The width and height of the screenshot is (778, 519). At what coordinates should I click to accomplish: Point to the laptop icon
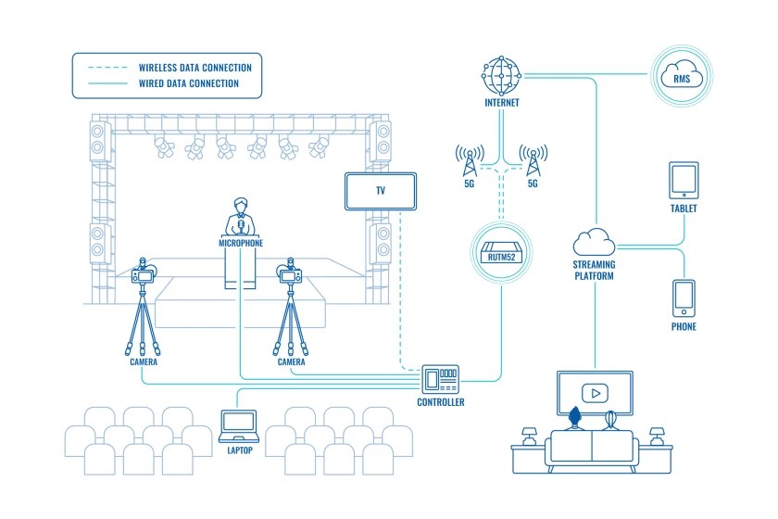point(239,425)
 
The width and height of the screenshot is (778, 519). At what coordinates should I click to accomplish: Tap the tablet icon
point(683,180)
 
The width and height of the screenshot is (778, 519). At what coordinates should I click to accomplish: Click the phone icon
point(683,297)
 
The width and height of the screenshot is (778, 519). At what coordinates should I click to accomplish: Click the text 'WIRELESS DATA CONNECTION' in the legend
point(194,68)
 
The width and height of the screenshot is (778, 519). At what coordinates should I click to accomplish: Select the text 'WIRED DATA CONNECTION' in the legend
point(189,83)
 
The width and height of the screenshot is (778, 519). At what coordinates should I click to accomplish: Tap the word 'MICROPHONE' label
point(241,243)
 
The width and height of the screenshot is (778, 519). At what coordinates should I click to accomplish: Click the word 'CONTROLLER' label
point(441,403)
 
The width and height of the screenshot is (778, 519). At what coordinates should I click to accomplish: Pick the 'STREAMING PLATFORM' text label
point(595,271)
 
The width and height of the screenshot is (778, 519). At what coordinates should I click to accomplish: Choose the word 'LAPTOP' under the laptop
point(239,450)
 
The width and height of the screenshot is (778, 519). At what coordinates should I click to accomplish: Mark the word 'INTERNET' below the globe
point(501,104)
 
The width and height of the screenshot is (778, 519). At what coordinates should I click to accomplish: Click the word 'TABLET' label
point(683,209)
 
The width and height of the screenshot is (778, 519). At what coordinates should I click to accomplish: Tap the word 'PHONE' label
point(683,327)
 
